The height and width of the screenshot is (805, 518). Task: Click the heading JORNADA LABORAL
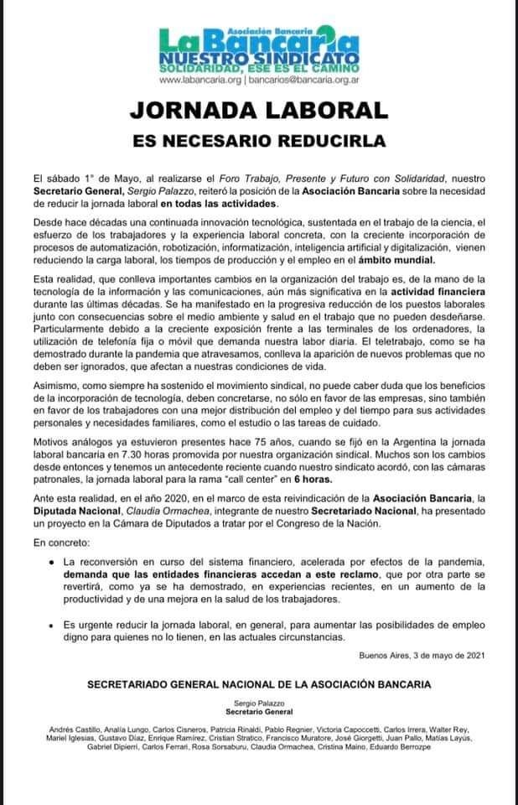(x=258, y=110)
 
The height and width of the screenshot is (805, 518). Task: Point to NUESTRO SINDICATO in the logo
(x=258, y=55)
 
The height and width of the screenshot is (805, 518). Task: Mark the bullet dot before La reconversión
(x=52, y=560)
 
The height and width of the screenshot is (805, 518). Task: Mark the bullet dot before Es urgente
(x=52, y=626)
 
